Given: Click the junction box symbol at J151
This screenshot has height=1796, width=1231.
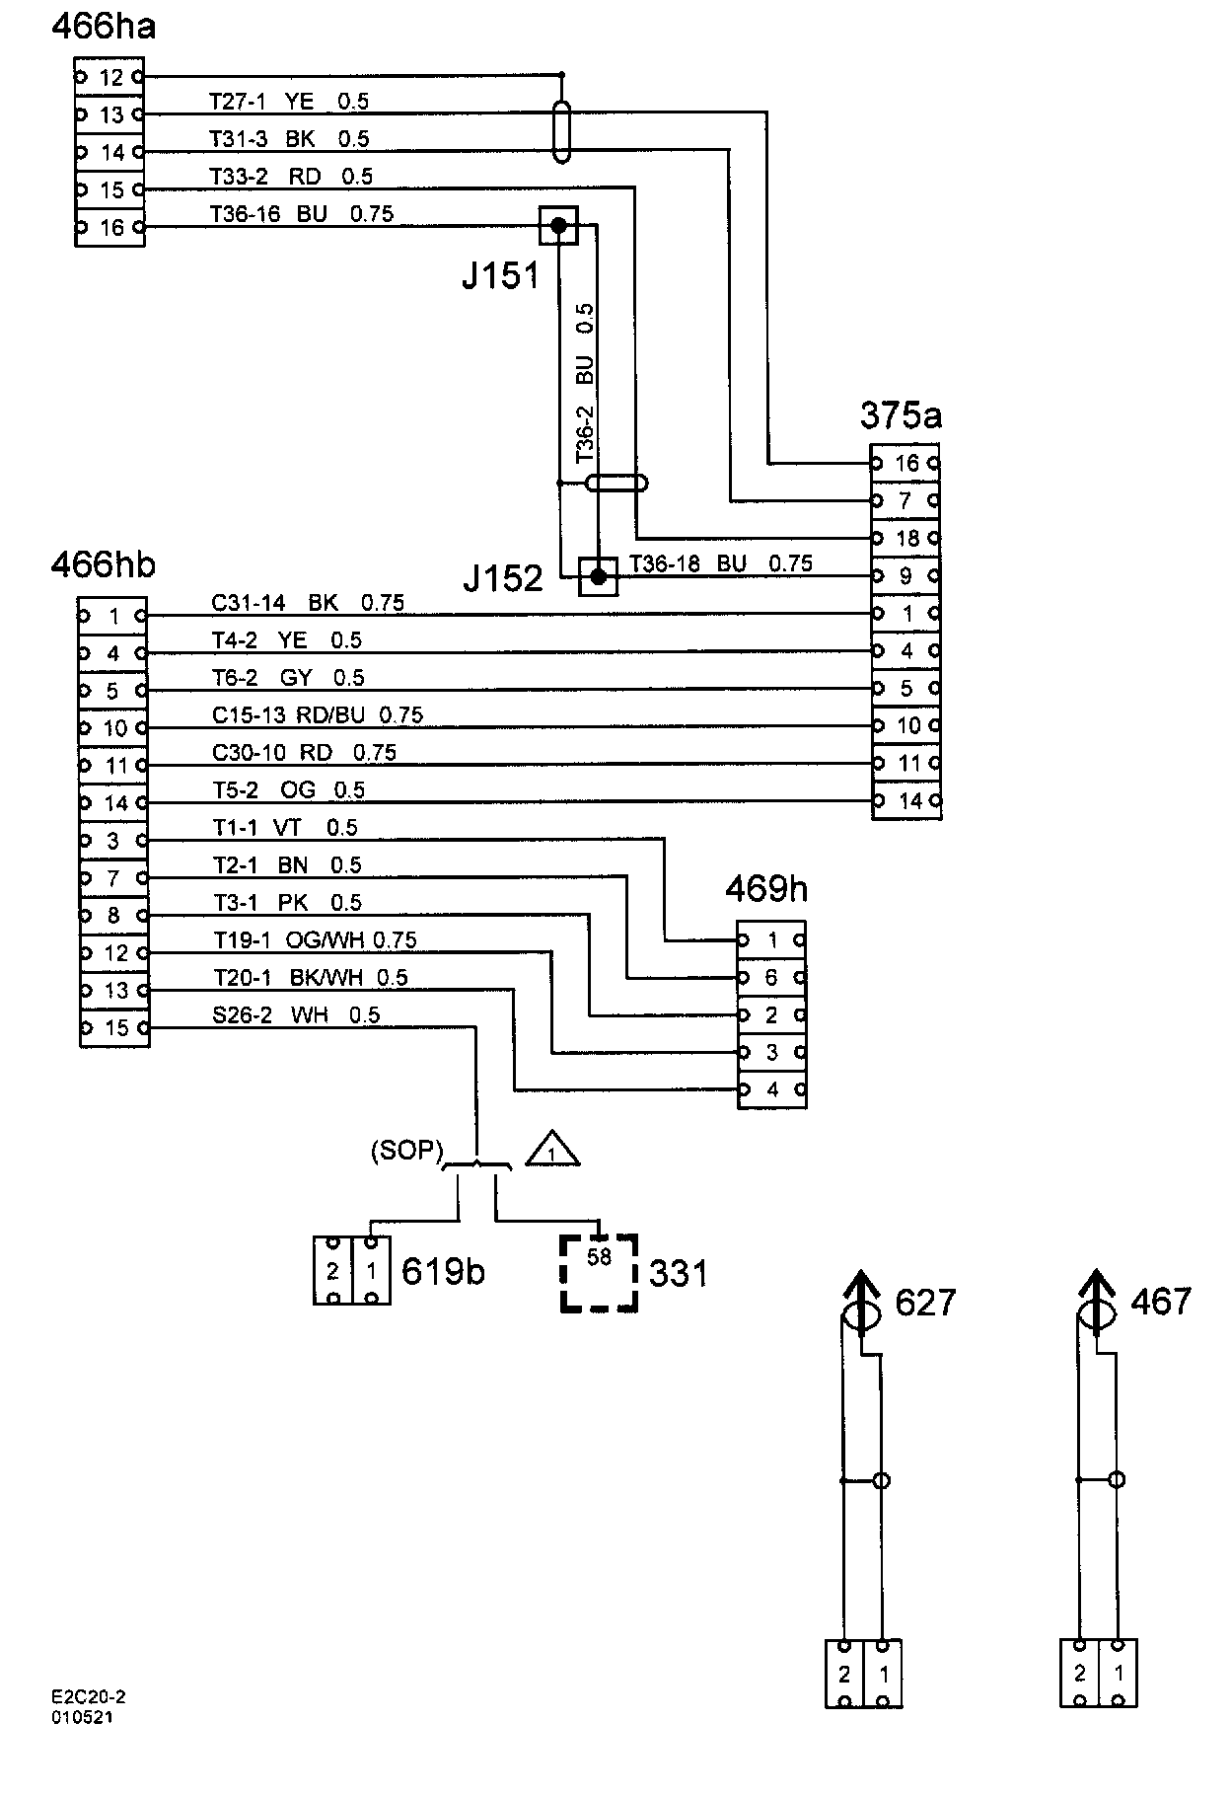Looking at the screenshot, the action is click(x=558, y=226).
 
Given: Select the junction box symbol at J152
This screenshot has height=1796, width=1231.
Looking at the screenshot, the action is click(x=598, y=576).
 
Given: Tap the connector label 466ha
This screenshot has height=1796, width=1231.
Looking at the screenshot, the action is click(x=104, y=27).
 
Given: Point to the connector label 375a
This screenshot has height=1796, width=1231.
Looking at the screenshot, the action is click(x=901, y=415).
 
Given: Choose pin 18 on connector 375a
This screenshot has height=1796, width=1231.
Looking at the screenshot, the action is click(x=905, y=538).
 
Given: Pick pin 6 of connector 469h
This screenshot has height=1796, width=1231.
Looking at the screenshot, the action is click(x=771, y=978).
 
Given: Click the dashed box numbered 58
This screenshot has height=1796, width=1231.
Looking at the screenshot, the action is click(x=599, y=1273).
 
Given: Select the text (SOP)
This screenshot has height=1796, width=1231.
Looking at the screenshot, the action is click(x=407, y=1152).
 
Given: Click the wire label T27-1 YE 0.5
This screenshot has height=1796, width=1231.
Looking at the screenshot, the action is click(x=289, y=101).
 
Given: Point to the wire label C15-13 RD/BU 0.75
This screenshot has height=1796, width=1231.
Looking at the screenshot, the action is click(x=318, y=714).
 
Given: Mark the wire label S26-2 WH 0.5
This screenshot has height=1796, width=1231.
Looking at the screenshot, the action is click(x=296, y=1014).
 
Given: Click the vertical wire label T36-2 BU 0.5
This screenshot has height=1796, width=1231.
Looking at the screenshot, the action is click(x=585, y=384).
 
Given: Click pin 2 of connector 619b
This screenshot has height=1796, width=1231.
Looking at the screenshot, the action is click(x=333, y=1271).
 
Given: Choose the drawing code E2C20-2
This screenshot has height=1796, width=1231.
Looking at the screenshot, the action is click(x=89, y=1697).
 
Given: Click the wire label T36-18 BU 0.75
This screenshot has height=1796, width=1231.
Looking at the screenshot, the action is click(x=721, y=563).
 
